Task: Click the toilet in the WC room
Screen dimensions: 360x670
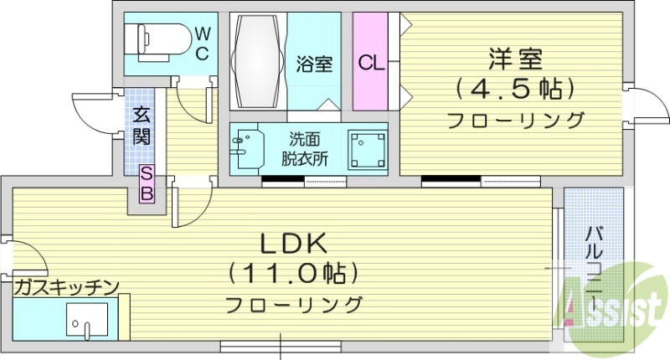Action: point(156,39)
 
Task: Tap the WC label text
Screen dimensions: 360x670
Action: point(203,42)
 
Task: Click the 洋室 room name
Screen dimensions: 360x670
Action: point(515,59)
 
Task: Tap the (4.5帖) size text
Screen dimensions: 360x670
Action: point(515,88)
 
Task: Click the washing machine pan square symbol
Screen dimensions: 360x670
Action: point(366,150)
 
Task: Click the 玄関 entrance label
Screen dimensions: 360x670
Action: point(141,126)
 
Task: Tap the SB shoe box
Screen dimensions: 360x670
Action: point(147,184)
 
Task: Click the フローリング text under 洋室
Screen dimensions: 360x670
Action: point(514,120)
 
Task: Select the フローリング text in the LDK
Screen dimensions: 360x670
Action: point(293,302)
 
